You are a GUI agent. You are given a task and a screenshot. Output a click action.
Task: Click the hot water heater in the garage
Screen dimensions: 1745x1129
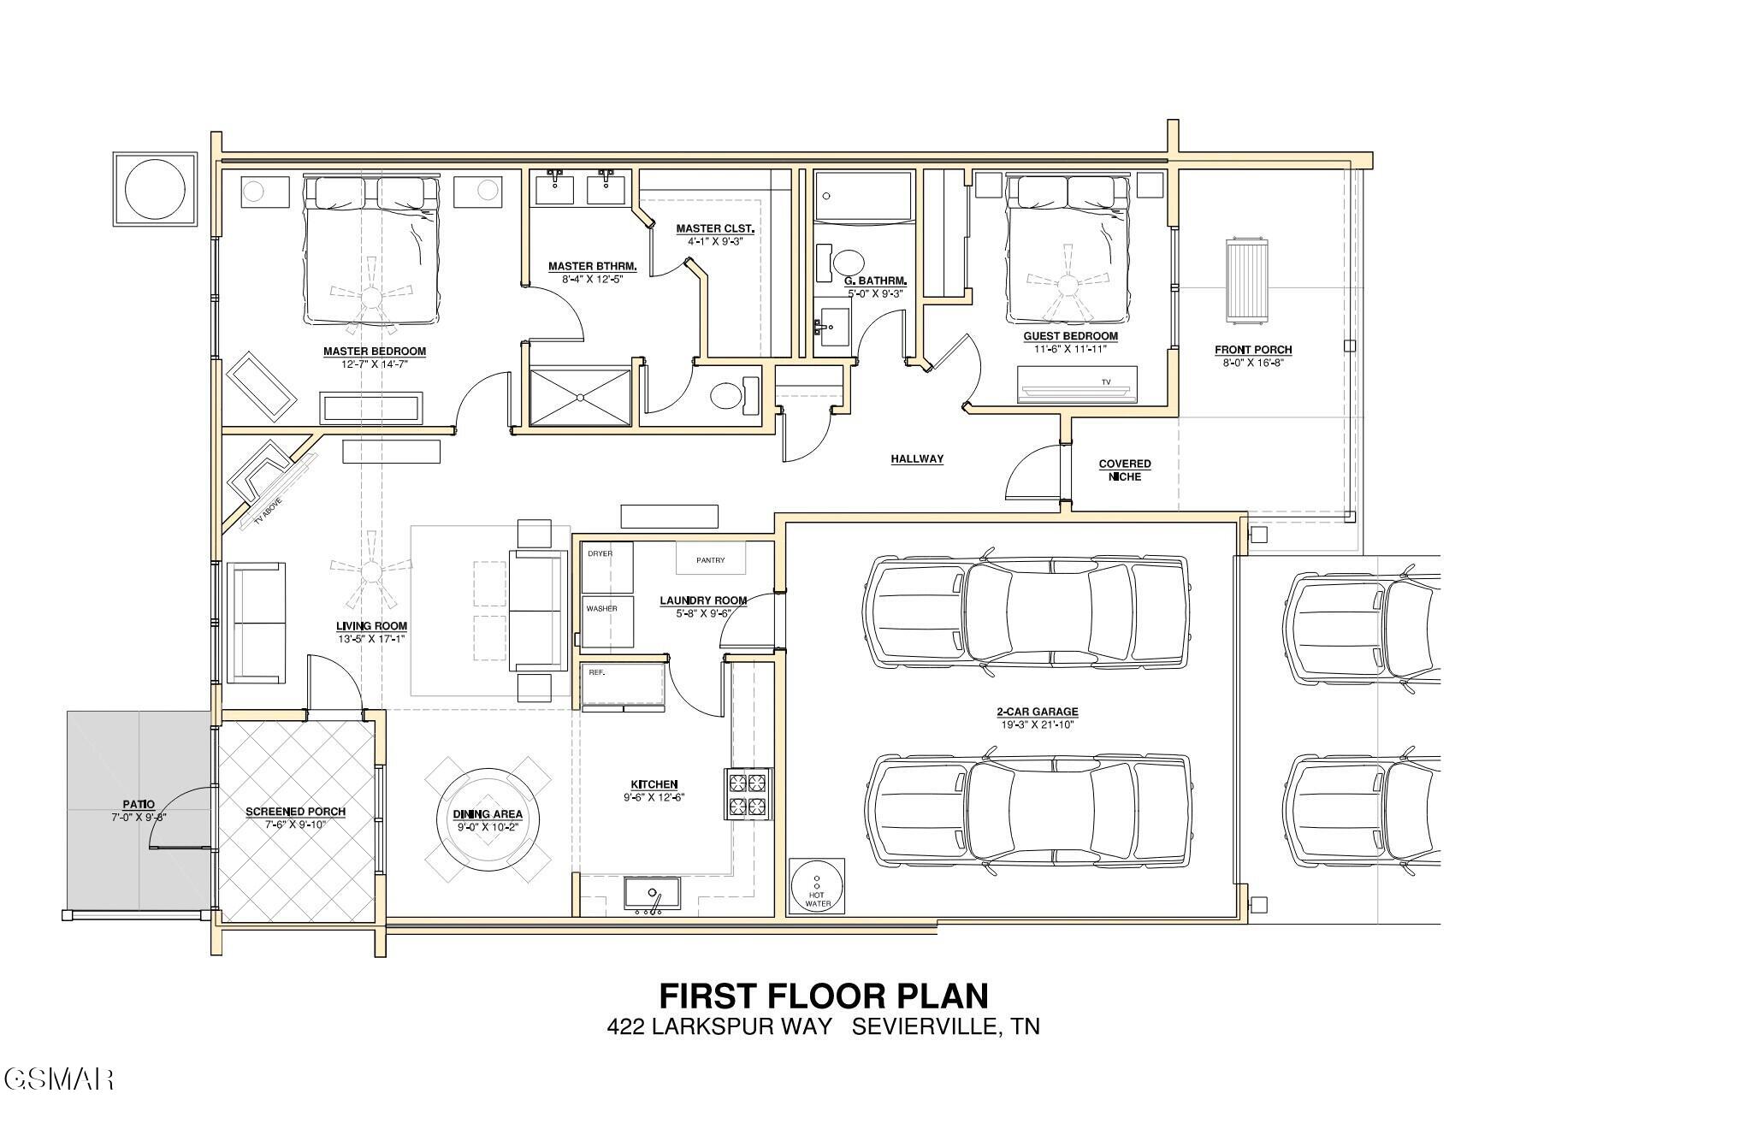click(x=817, y=885)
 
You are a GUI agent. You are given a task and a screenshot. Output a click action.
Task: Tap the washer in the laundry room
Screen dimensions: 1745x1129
click(x=607, y=621)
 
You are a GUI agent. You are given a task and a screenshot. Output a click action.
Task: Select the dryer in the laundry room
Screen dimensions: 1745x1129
click(x=607, y=567)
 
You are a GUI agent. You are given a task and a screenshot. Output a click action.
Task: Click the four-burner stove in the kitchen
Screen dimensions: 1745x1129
click(x=748, y=794)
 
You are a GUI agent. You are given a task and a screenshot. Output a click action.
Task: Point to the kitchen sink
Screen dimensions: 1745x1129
click(x=652, y=895)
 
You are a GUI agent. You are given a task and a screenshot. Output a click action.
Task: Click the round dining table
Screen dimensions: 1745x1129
click(x=488, y=819)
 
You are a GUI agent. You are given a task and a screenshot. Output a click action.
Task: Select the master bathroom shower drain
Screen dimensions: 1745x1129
click(x=581, y=397)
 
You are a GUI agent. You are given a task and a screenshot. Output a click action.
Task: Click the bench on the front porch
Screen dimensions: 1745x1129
click(x=1248, y=281)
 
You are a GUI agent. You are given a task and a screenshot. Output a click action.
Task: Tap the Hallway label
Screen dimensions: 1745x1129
click(x=917, y=459)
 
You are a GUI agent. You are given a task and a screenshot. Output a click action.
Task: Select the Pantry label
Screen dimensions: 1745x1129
click(x=710, y=560)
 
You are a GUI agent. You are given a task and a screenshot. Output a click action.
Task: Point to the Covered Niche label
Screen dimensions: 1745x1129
click(x=1125, y=470)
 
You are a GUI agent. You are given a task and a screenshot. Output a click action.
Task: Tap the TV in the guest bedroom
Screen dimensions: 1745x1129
click(x=1078, y=385)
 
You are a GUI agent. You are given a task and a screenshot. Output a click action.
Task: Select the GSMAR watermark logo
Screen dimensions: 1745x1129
click(x=58, y=1079)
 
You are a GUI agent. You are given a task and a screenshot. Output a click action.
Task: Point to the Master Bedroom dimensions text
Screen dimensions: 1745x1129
click(x=374, y=364)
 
